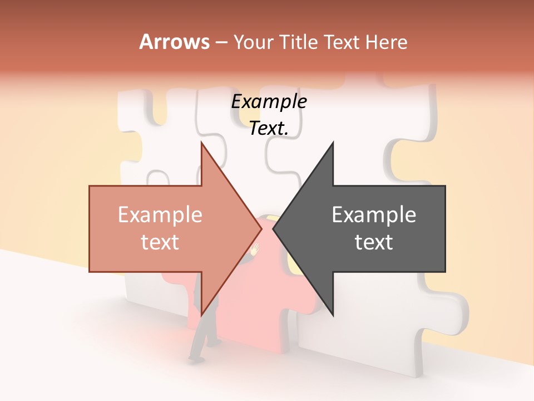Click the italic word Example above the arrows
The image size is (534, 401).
(269, 101)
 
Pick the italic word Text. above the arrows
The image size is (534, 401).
(269, 128)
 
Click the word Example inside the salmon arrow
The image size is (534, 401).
(160, 214)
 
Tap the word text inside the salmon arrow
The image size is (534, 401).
(160, 242)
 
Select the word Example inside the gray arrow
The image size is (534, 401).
(374, 214)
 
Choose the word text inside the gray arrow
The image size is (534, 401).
(374, 242)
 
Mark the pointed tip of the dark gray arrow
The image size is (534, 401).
(273, 228)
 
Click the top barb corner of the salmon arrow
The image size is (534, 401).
(201, 143)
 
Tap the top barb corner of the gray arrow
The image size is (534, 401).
(333, 143)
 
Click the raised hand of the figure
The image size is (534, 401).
(255, 250)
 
